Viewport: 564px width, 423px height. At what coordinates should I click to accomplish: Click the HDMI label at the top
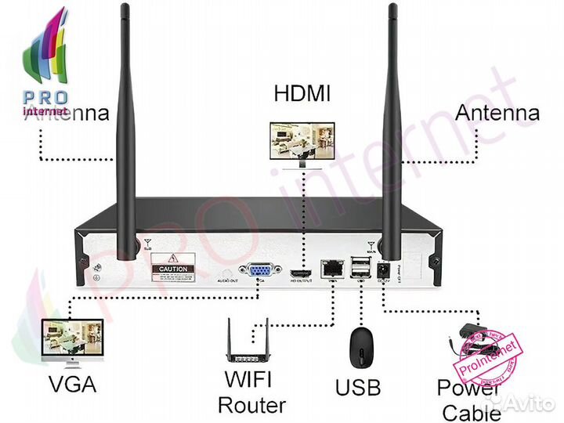302,94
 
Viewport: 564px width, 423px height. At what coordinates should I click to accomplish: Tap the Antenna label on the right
497,112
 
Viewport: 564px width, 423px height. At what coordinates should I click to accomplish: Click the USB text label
357,387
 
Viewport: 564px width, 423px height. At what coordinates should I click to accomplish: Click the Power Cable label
468,399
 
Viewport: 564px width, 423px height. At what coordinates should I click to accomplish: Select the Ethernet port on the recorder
331,266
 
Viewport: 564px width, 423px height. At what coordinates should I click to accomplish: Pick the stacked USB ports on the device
359,266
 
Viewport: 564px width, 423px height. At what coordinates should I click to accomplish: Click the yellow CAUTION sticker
172,267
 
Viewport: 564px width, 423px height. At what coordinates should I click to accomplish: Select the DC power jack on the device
385,268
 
